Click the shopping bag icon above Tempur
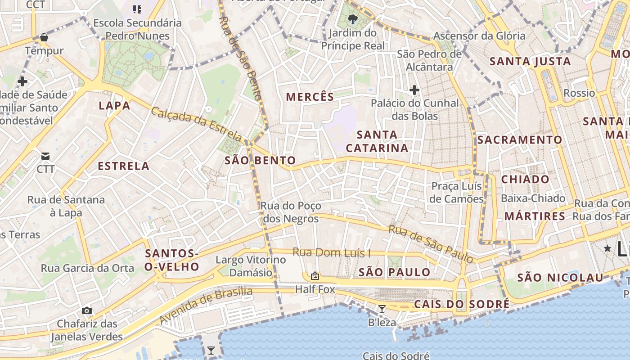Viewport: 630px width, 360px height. [44, 37]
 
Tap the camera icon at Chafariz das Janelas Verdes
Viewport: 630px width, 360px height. [87, 310]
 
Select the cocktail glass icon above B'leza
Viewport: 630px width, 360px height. [382, 309]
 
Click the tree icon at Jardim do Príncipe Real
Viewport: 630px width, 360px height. [353, 19]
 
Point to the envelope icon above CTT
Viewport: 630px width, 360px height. [45, 156]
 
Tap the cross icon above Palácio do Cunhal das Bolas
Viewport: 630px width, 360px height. [414, 90]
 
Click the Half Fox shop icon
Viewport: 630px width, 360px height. [315, 276]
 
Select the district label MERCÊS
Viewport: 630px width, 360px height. [310, 97]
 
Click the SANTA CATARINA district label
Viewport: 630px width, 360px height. [377, 141]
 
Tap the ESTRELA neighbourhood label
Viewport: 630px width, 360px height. [123, 166]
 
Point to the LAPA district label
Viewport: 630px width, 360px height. [114, 106]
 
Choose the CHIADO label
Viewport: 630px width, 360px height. [525, 179]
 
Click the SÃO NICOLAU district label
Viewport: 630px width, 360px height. [560, 278]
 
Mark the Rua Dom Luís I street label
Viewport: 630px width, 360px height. [331, 252]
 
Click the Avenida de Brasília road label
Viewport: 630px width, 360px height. [206, 305]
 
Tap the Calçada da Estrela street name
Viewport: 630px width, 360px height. [196, 123]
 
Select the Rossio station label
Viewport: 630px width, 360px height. [579, 93]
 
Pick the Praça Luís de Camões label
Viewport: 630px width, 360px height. [456, 192]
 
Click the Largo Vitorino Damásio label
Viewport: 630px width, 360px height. [251, 266]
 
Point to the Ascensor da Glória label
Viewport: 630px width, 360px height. [479, 36]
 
